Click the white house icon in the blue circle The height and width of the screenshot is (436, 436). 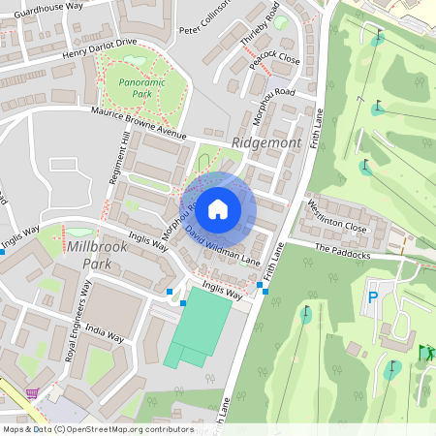(x=218, y=208)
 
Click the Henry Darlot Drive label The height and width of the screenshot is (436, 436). (x=100, y=50)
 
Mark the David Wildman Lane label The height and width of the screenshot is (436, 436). (x=223, y=246)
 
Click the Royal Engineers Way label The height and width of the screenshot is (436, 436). (x=77, y=321)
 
